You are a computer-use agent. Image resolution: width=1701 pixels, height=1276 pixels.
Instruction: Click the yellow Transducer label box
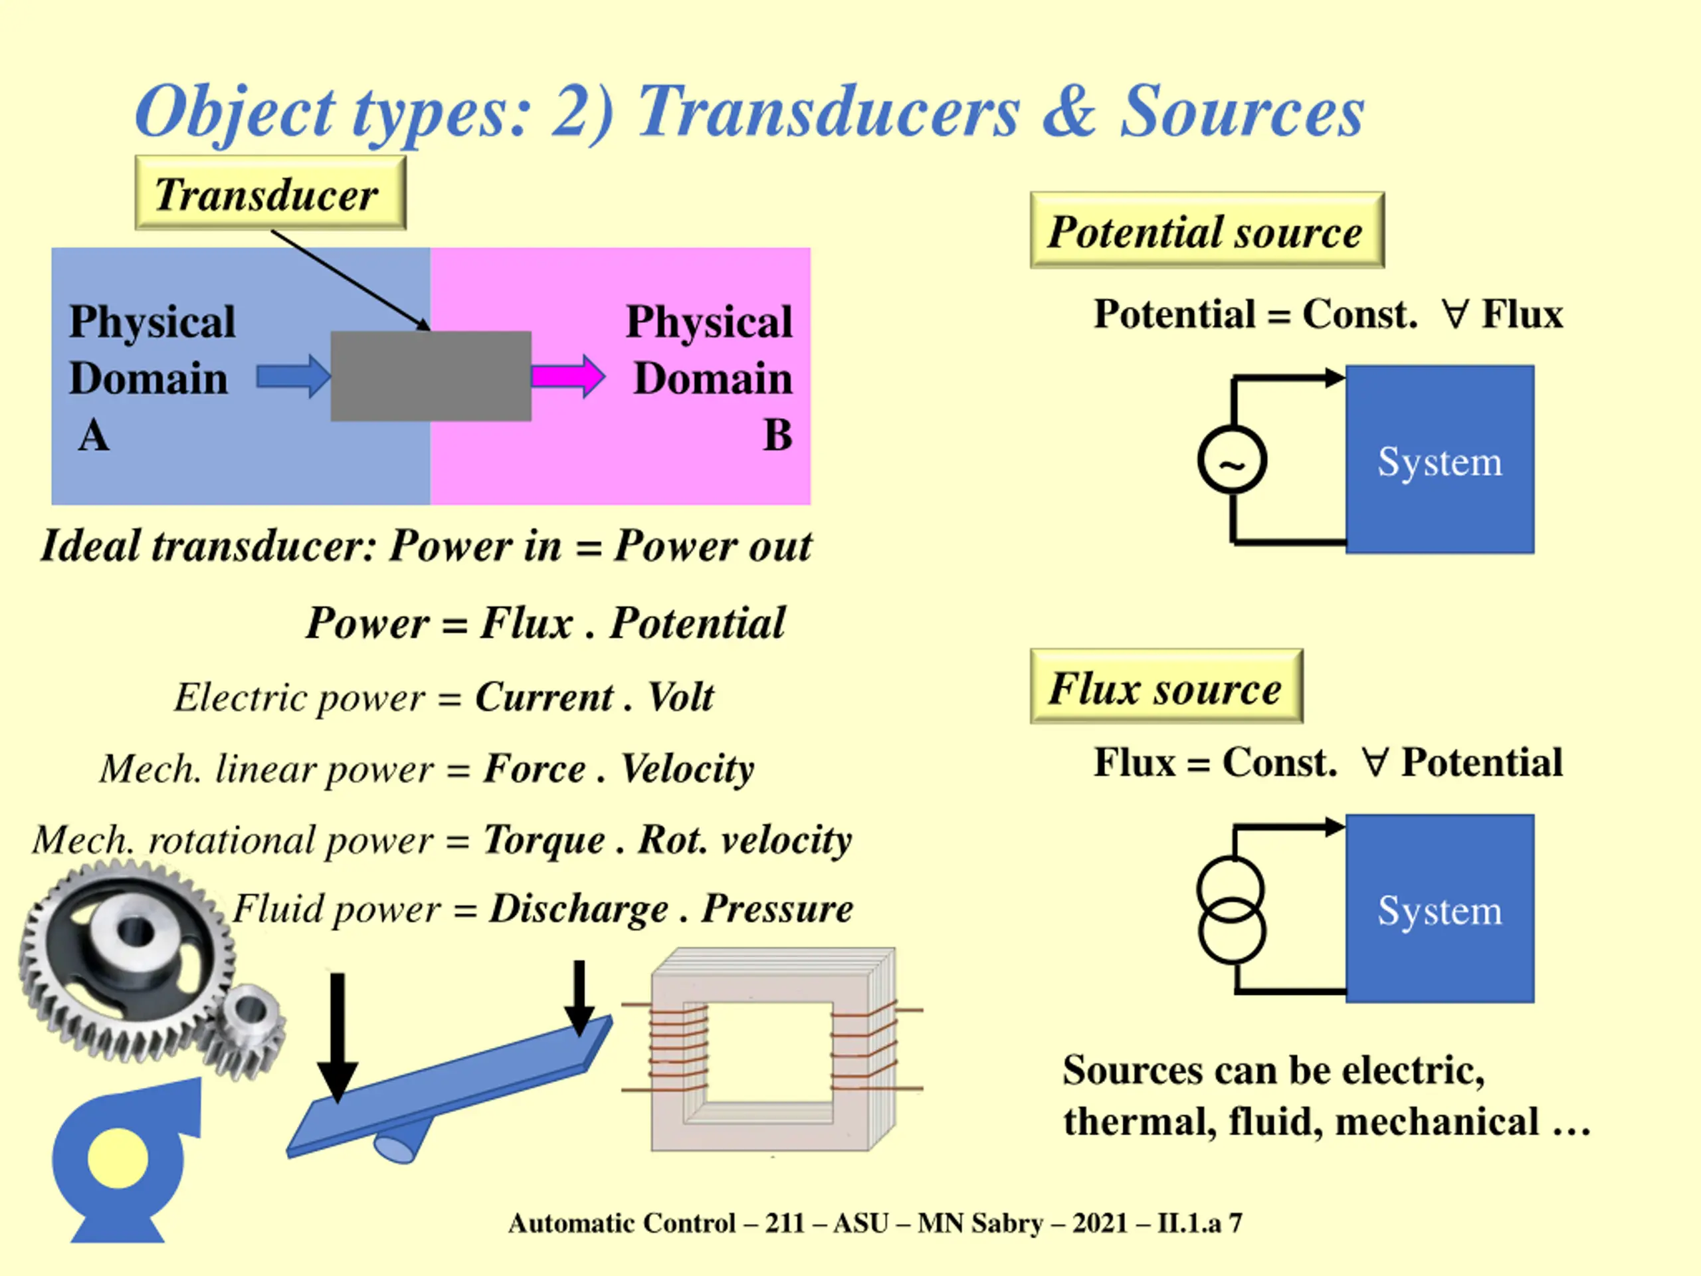pyautogui.click(x=270, y=193)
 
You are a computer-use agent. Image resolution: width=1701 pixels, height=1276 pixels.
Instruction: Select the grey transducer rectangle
pyautogui.click(x=431, y=376)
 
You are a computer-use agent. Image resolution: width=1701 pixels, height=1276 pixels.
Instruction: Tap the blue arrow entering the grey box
pyautogui.click(x=292, y=376)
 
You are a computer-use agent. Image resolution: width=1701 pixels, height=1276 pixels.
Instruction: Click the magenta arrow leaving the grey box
pyautogui.click(x=567, y=376)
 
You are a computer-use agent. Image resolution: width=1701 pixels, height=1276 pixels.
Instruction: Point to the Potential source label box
pyautogui.click(x=1207, y=231)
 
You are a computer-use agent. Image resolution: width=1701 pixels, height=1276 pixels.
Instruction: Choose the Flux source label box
pyautogui.click(x=1166, y=687)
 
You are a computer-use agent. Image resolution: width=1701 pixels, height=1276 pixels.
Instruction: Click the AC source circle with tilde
pyautogui.click(x=1232, y=460)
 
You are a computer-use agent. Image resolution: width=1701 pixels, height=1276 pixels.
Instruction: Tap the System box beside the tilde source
pyautogui.click(x=1440, y=460)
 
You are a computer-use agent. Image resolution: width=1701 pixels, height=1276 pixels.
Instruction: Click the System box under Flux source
pyautogui.click(x=1440, y=908)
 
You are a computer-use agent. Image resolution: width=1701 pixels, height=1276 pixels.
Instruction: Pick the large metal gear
pyautogui.click(x=127, y=954)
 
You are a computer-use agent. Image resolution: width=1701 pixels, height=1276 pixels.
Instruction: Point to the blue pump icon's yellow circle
pyautogui.click(x=118, y=1158)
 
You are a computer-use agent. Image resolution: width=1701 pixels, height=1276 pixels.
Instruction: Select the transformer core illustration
pyautogui.click(x=773, y=1050)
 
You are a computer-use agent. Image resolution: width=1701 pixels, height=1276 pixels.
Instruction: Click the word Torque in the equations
pyautogui.click(x=544, y=839)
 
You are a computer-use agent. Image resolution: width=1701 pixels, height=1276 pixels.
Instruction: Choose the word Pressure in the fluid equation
pyautogui.click(x=777, y=908)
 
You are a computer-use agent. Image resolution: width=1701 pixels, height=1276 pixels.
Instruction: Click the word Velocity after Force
pyautogui.click(x=686, y=768)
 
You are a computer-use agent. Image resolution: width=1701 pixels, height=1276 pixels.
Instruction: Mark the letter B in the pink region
pyautogui.click(x=777, y=435)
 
